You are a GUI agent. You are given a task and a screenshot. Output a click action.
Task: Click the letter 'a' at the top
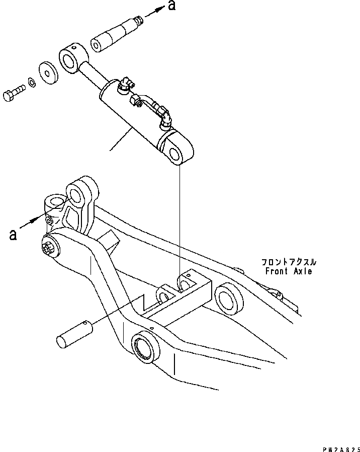click(x=172, y=7)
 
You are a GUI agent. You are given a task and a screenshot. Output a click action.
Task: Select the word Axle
click(x=302, y=271)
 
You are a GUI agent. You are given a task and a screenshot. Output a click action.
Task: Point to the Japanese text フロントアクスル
click(x=288, y=262)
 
